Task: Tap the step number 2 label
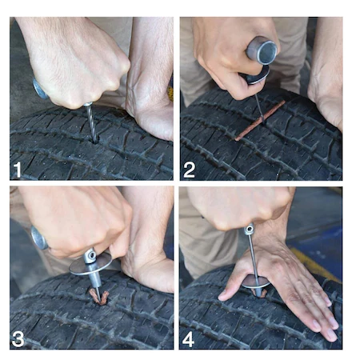click(x=190, y=169)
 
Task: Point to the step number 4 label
click(x=190, y=338)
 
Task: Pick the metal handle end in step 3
click(x=36, y=238)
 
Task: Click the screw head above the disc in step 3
click(x=90, y=254)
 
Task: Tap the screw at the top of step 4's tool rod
click(x=250, y=230)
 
